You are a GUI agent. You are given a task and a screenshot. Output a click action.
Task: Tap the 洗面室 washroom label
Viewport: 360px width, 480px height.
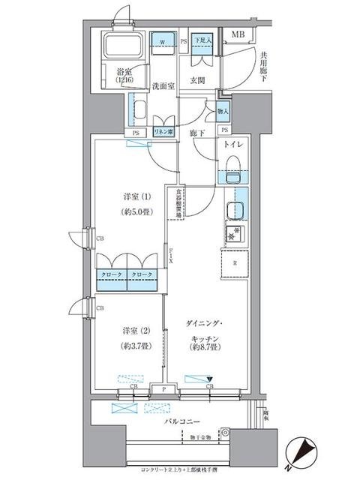pos(163,86)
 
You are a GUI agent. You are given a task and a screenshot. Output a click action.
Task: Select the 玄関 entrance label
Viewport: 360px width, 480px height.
pos(198,80)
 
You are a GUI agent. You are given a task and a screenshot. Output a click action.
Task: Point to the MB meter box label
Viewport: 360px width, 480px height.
pos(238,34)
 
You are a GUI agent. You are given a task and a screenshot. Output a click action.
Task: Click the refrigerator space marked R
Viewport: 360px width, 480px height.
pos(235,263)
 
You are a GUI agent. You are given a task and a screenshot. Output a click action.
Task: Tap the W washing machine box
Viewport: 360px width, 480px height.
pos(162,43)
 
